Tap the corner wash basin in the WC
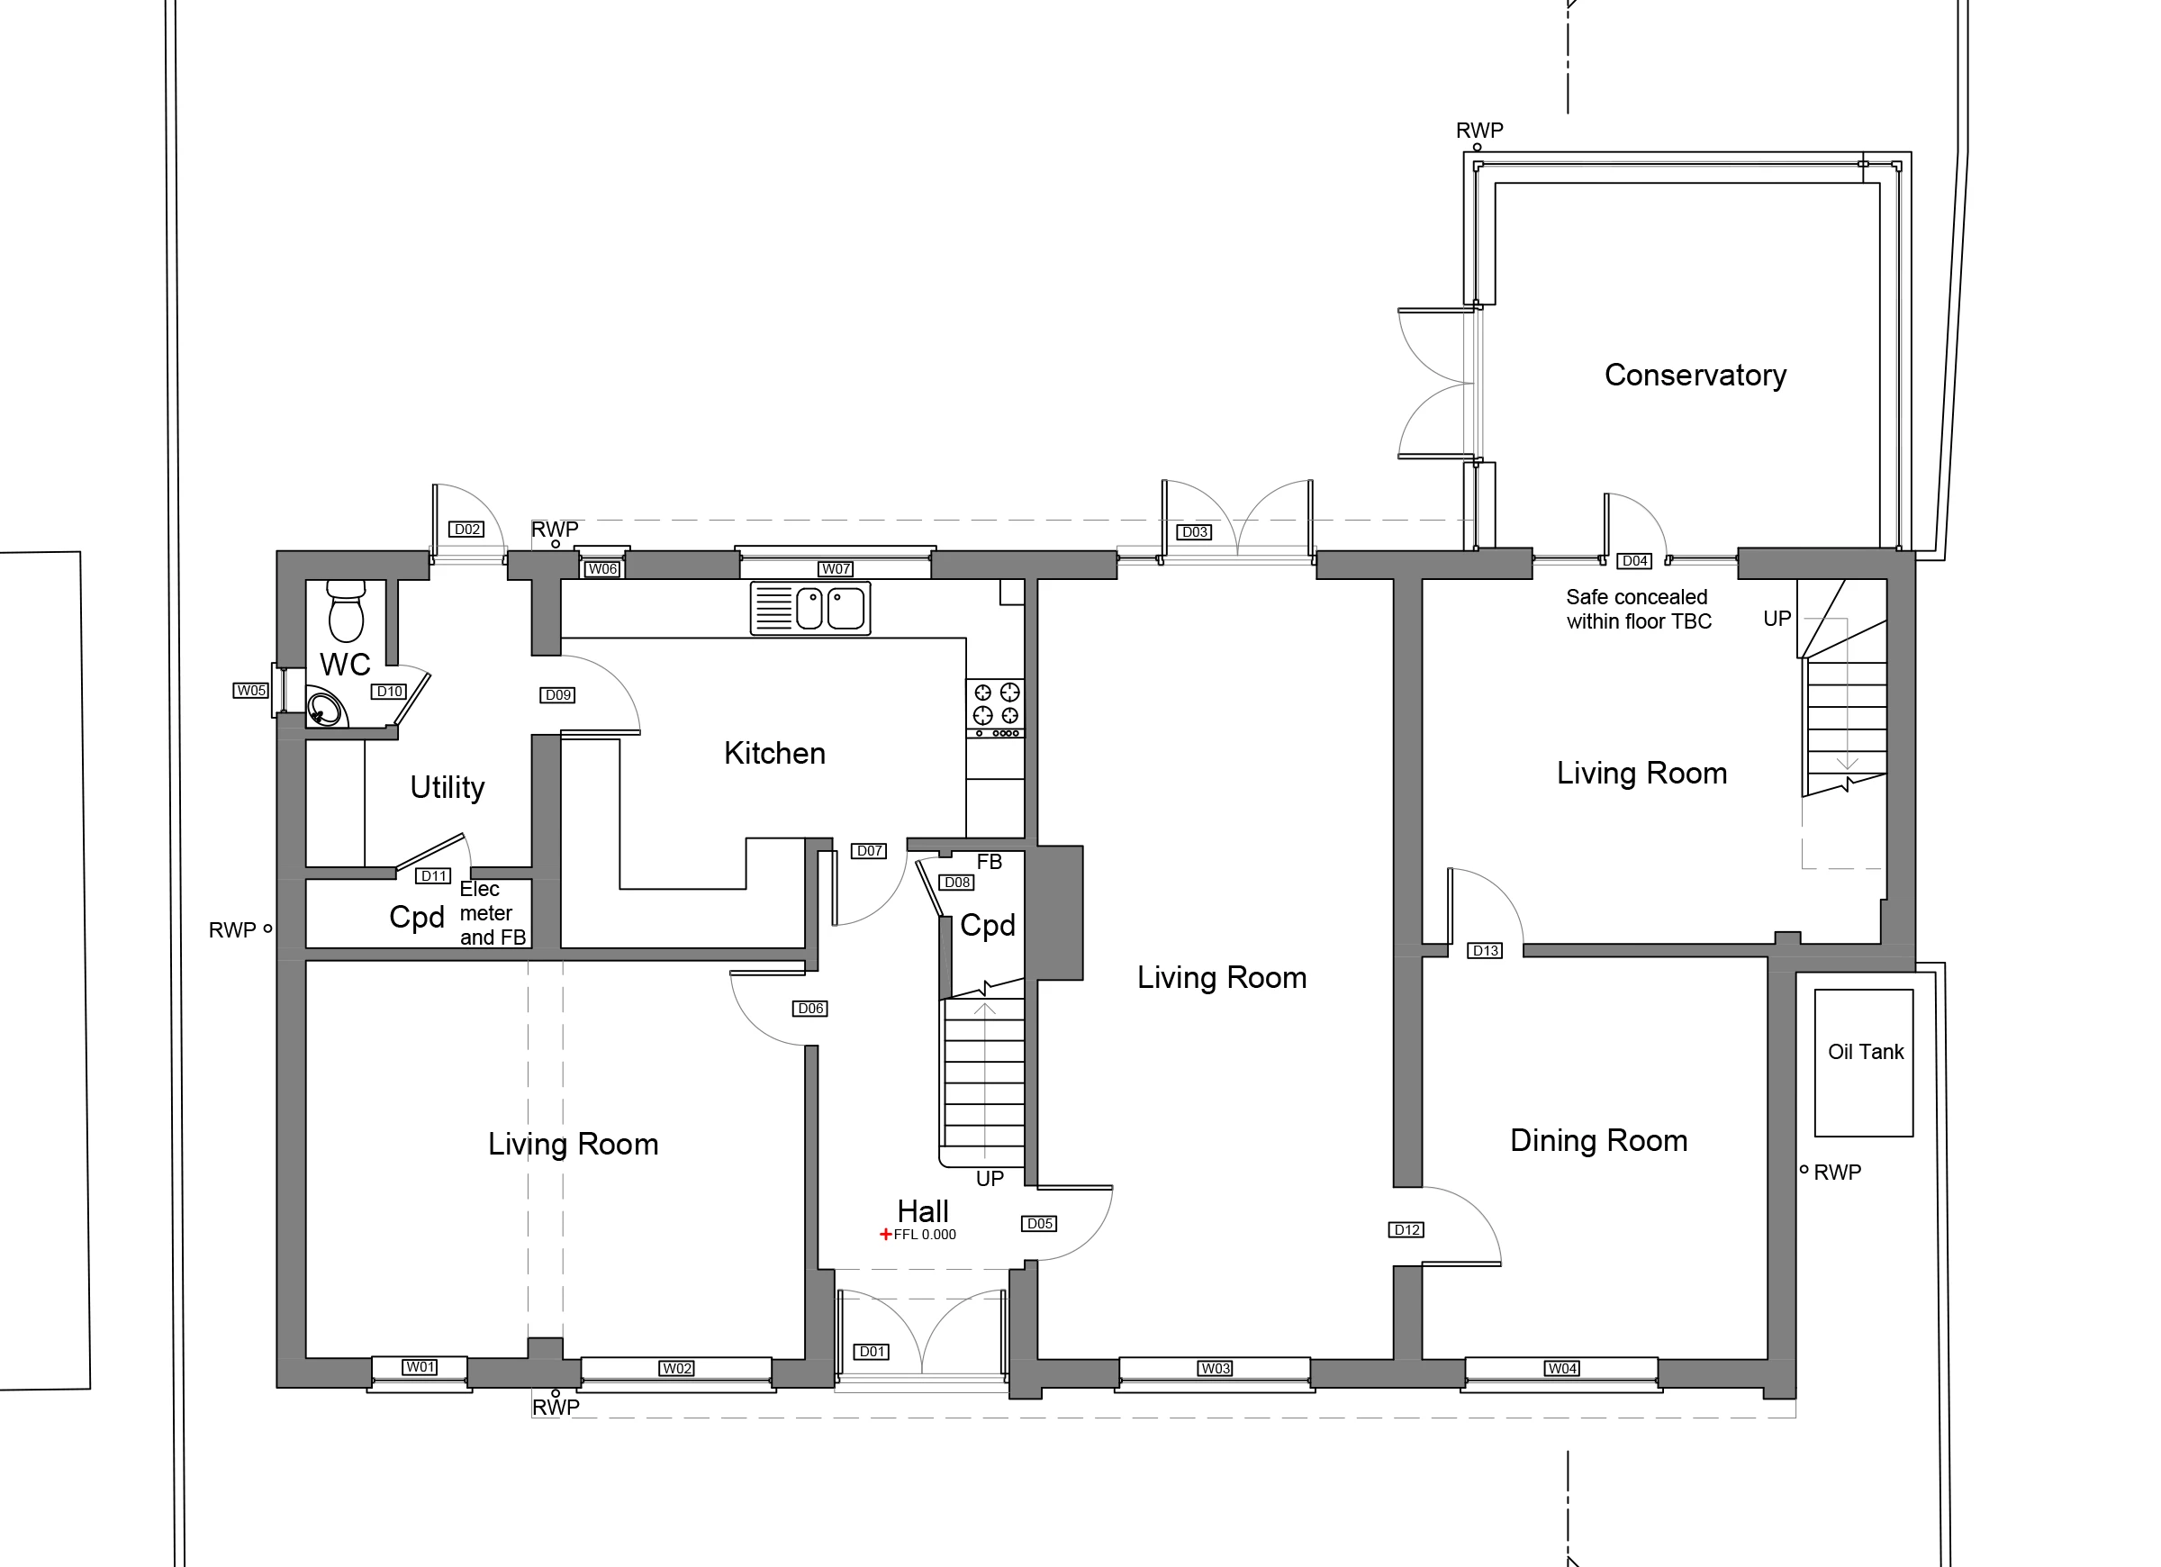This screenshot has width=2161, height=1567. click(x=326, y=708)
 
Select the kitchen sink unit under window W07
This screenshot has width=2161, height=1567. click(x=809, y=608)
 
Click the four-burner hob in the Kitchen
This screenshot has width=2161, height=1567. click(x=996, y=708)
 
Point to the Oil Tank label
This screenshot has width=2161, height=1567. click(x=1866, y=1051)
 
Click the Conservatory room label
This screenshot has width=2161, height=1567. click(x=1695, y=375)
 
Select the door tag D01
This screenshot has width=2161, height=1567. click(x=873, y=1351)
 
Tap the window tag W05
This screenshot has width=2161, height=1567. click(x=250, y=690)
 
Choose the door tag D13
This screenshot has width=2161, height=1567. click(x=1486, y=950)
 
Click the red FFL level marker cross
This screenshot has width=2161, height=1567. click(x=885, y=1235)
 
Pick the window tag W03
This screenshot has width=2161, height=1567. click(x=1215, y=1368)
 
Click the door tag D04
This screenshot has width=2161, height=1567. click(x=1635, y=560)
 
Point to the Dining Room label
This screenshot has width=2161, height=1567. click(x=1599, y=1140)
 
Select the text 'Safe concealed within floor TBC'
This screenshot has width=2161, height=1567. click(x=1639, y=609)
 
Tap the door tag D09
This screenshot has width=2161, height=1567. click(x=557, y=695)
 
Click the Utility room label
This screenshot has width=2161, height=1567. click(x=447, y=787)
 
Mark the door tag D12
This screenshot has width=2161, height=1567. click(x=1407, y=1229)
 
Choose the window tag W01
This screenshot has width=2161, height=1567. click(x=420, y=1367)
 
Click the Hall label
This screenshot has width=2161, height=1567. click(x=922, y=1211)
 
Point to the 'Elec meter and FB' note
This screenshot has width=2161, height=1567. click(x=493, y=913)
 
